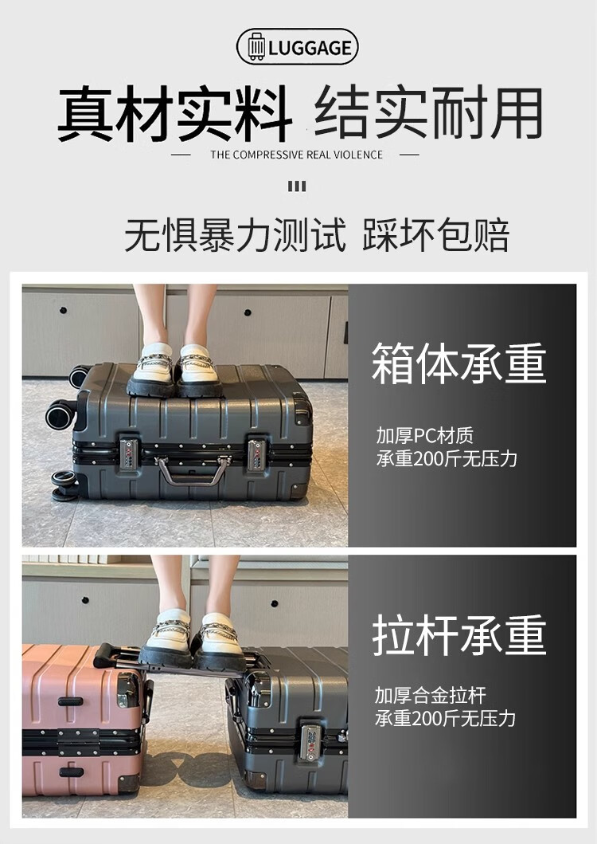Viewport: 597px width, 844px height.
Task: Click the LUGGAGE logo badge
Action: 298,47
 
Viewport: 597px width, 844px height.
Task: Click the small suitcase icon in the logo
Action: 256,47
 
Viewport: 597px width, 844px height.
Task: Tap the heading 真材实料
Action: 175,114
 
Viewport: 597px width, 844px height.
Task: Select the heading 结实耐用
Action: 429,113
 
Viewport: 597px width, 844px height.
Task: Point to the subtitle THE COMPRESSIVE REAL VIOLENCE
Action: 296,155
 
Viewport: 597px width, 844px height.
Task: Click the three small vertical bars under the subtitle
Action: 297,186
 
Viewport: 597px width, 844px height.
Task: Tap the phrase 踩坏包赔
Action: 435,235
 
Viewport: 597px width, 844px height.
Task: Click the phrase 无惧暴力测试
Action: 235,235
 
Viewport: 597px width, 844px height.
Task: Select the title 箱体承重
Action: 458,363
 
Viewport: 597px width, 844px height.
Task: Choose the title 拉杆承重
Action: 458,635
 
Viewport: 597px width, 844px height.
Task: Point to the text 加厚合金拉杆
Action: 431,695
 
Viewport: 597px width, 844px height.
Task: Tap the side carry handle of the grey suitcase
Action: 193,470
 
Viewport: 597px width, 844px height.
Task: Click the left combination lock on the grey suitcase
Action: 129,454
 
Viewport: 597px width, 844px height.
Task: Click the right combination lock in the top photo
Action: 256,455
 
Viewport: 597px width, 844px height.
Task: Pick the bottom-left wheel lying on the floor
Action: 64,485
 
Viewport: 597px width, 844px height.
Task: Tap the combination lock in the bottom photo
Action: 310,743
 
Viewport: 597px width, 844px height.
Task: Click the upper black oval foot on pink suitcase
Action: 71,701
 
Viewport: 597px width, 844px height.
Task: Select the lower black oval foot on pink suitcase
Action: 72,772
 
